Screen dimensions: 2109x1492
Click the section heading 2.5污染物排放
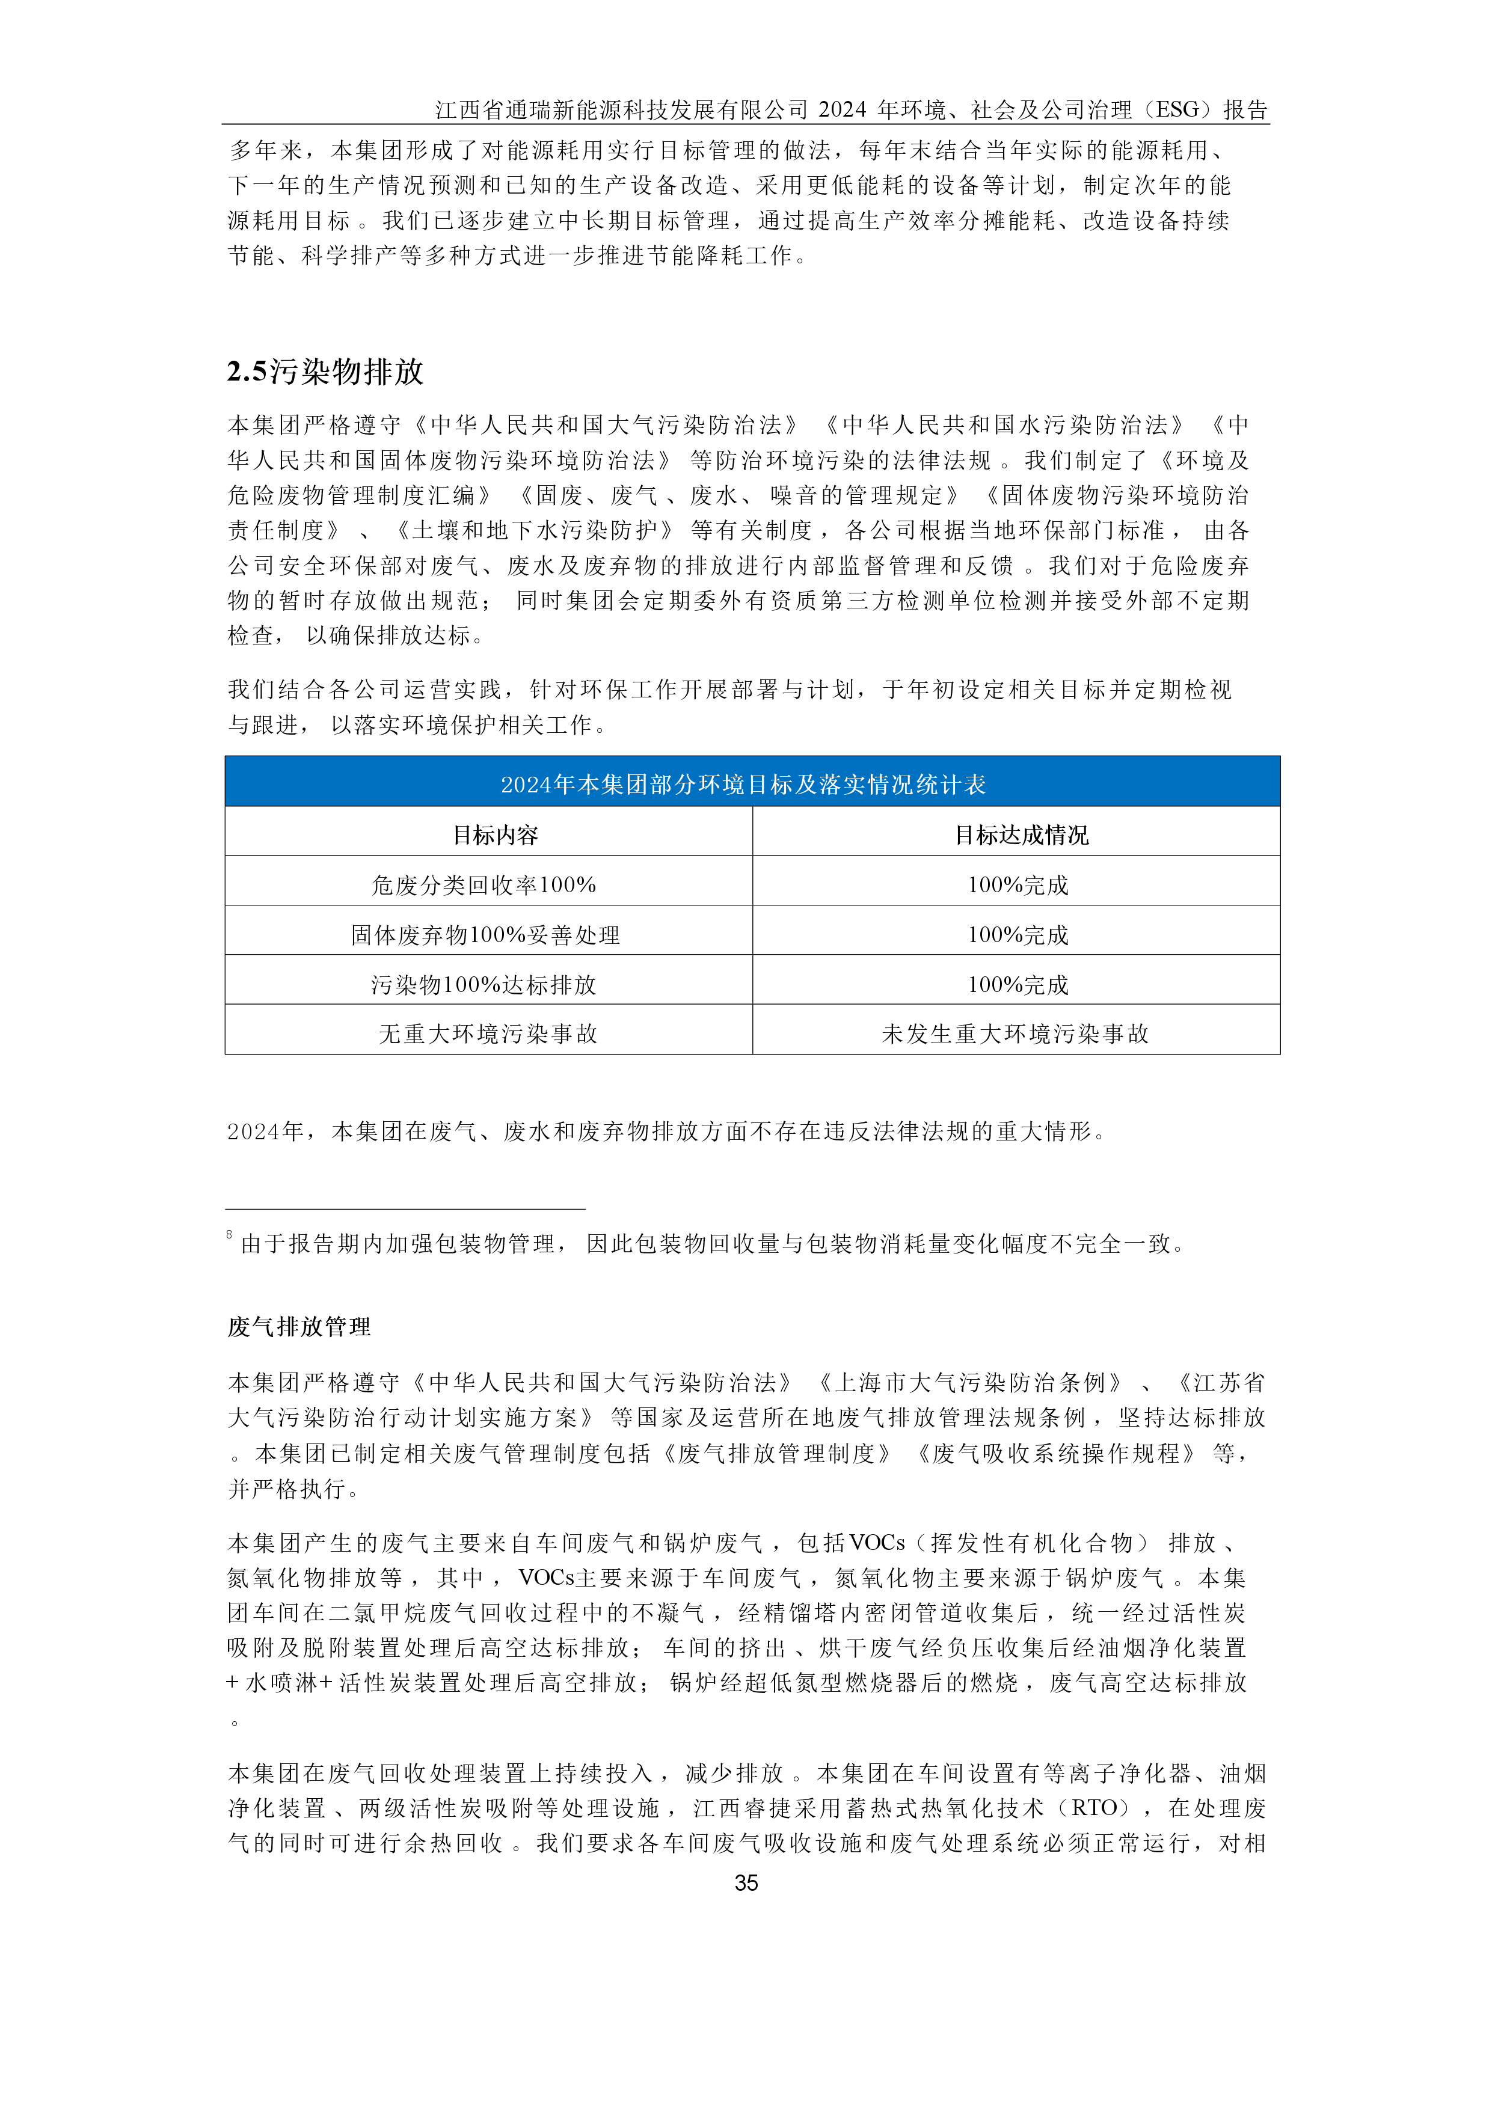(x=325, y=372)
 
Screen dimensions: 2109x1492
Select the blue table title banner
(x=752, y=783)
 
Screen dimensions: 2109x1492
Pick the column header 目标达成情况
(x=1021, y=834)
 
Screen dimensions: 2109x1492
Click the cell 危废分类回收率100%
(x=484, y=884)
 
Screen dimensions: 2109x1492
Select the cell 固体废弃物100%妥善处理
(x=485, y=934)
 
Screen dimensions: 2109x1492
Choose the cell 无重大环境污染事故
(x=488, y=1033)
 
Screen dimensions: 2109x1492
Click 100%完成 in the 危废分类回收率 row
(x=1018, y=884)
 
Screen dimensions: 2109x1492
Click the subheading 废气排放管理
(x=299, y=1326)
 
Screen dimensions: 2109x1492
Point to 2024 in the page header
(x=843, y=110)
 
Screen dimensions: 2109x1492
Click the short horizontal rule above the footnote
(x=405, y=1209)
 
